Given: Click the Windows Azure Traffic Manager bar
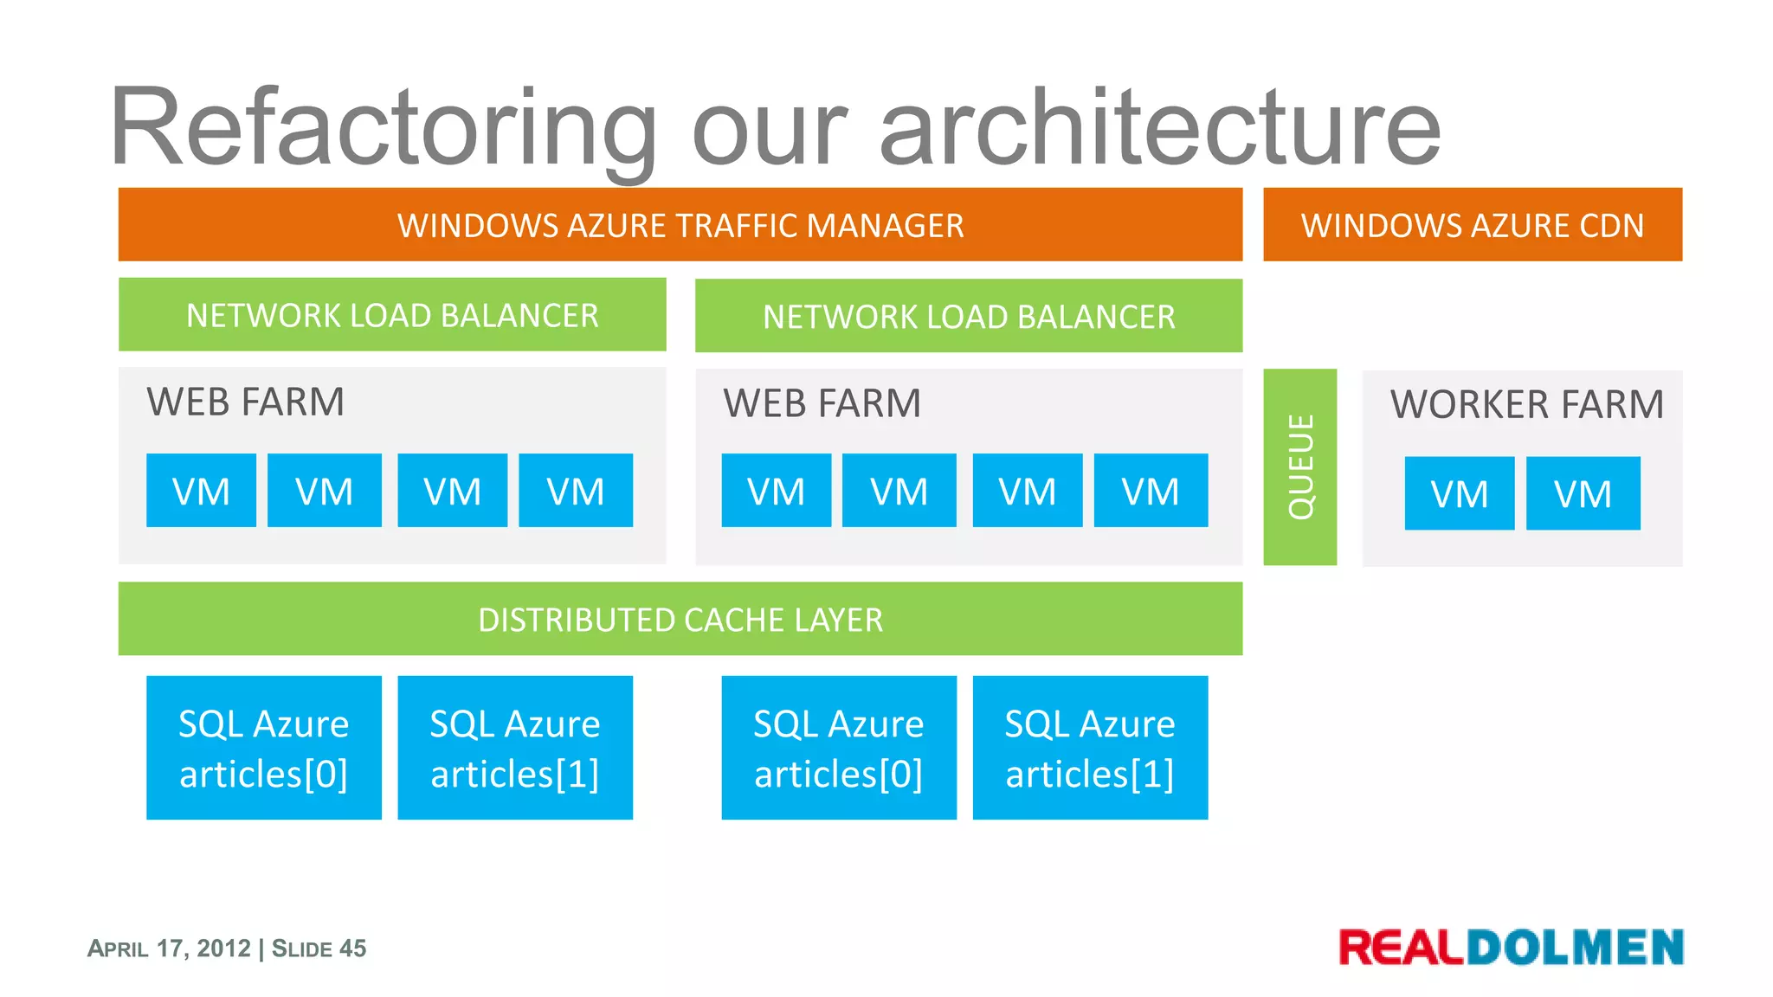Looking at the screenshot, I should pos(680,225).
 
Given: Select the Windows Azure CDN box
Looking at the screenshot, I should pos(1472,225).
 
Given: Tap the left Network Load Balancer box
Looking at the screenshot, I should pos(392,315).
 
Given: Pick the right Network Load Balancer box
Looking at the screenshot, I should pos(968,316).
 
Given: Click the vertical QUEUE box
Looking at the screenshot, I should pos(1299,467).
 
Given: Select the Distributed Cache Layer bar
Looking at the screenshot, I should pos(680,620).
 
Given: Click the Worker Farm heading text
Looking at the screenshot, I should pos(1526,404).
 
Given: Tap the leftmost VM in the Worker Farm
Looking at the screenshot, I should pos(1459,493).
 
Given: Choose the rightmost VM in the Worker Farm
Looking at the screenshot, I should pos(1583,493).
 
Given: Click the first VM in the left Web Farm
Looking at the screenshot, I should pos(201,491).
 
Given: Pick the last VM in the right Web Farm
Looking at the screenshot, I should pos(1151,491).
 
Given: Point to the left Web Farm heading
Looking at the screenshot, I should pos(245,402).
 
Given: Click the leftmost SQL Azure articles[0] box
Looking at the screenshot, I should pos(263,748).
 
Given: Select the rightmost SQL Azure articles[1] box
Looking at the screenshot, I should pos(1090,748).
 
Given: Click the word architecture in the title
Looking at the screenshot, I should pos(1160,128).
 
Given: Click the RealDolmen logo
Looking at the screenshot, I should pos(1511,947).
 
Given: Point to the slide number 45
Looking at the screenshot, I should pos(352,949).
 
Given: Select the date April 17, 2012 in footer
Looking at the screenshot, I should pos(169,949).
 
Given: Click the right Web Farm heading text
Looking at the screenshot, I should pos(822,403).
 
